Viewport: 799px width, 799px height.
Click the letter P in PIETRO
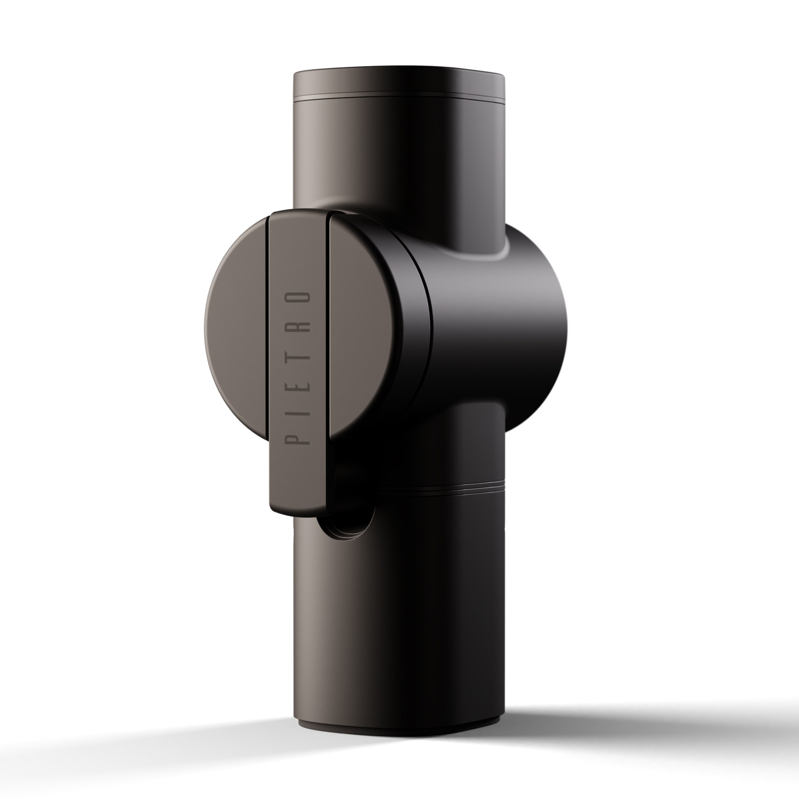[x=298, y=436]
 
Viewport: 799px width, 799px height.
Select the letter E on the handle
[x=298, y=385]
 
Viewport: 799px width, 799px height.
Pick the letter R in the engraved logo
[x=298, y=329]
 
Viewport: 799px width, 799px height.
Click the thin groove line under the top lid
[x=399, y=101]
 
